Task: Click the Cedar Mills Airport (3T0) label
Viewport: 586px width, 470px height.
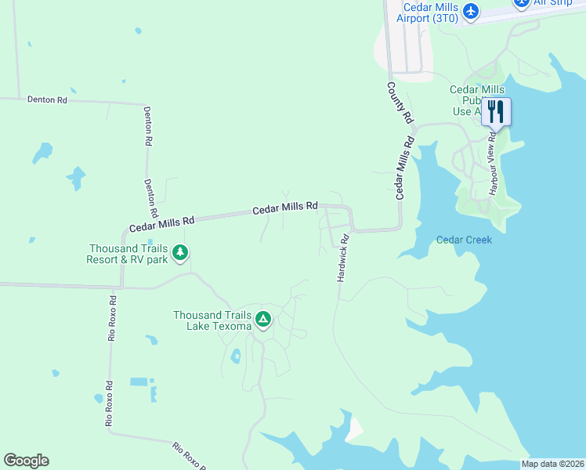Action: coord(429,13)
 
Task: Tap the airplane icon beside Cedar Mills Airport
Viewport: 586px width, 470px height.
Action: coord(470,11)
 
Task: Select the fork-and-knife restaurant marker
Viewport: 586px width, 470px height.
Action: coord(494,111)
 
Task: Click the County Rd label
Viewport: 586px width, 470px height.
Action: coord(400,103)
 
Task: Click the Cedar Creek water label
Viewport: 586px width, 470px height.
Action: coord(464,240)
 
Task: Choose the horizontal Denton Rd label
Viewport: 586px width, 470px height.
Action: coord(47,100)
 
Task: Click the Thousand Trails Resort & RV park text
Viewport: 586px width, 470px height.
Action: coord(127,254)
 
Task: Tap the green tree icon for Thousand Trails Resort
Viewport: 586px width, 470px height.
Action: coord(181,252)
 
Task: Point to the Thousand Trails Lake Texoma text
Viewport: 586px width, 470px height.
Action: coord(213,320)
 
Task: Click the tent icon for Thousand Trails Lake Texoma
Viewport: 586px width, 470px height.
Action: coord(264,320)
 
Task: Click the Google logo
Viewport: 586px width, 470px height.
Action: coord(26,461)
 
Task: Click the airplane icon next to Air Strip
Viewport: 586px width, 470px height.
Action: coord(522,3)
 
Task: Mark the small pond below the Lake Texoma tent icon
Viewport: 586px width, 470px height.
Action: coord(236,357)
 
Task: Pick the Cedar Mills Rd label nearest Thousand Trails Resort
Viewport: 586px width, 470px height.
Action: coord(161,224)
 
